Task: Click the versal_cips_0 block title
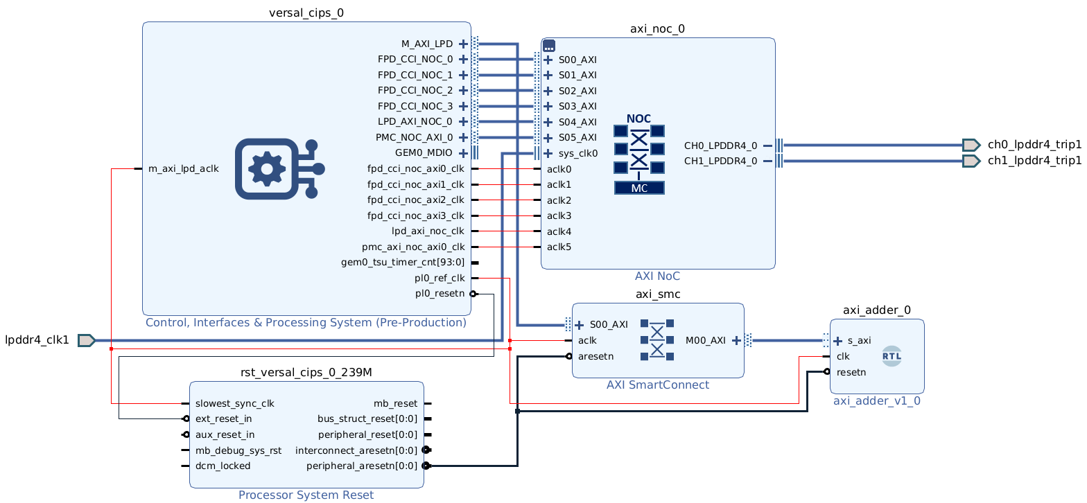(306, 12)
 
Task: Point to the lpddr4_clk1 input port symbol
(86, 340)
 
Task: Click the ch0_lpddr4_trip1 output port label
(1034, 145)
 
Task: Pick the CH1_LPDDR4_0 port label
(720, 161)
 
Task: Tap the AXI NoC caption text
(658, 276)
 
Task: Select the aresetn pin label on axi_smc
(596, 356)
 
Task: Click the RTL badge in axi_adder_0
(891, 356)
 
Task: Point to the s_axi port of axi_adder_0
(859, 340)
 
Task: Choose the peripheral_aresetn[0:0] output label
(362, 466)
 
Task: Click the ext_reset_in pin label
(225, 418)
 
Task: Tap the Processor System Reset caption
(306, 495)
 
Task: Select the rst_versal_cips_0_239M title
(306, 372)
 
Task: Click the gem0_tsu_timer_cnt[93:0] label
(403, 263)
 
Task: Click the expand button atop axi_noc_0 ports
(549, 46)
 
